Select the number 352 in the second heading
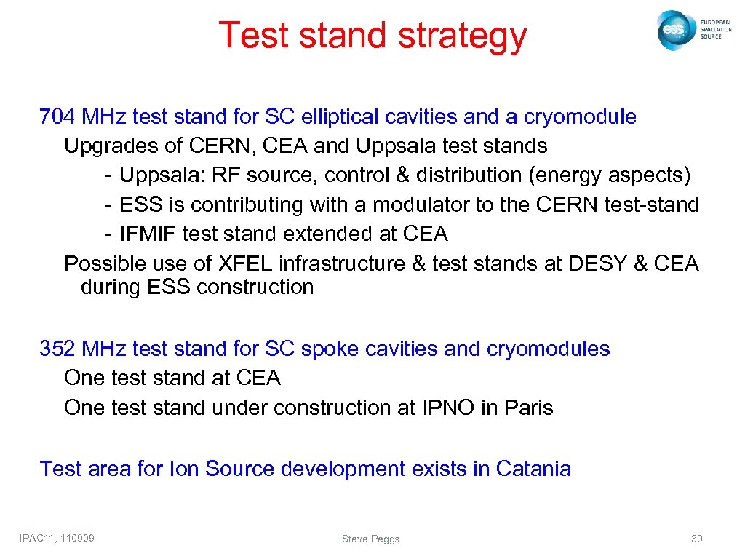coord(57,349)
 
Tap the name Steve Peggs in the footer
coord(370,539)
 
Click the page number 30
coord(696,539)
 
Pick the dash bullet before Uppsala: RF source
coord(108,175)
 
